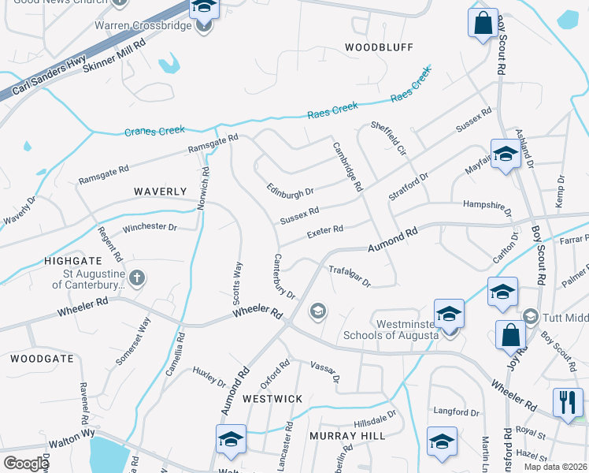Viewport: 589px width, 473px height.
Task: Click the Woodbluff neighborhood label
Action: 379,47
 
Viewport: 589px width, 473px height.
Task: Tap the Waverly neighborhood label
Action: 160,192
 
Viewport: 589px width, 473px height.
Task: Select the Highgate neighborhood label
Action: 73,260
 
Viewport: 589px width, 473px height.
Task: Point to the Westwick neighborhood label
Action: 272,399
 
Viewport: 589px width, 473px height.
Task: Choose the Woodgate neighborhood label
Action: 42,358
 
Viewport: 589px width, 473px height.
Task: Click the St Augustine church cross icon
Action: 137,277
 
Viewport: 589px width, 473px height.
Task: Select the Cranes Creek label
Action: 154,131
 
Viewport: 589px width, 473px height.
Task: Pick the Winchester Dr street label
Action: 150,227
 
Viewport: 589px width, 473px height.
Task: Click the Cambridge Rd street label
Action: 346,166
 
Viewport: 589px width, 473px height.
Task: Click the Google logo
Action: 26,464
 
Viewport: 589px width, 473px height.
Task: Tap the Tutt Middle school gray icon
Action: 530,317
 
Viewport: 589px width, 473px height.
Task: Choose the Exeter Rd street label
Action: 325,230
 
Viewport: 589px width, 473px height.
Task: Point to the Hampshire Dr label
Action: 487,208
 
